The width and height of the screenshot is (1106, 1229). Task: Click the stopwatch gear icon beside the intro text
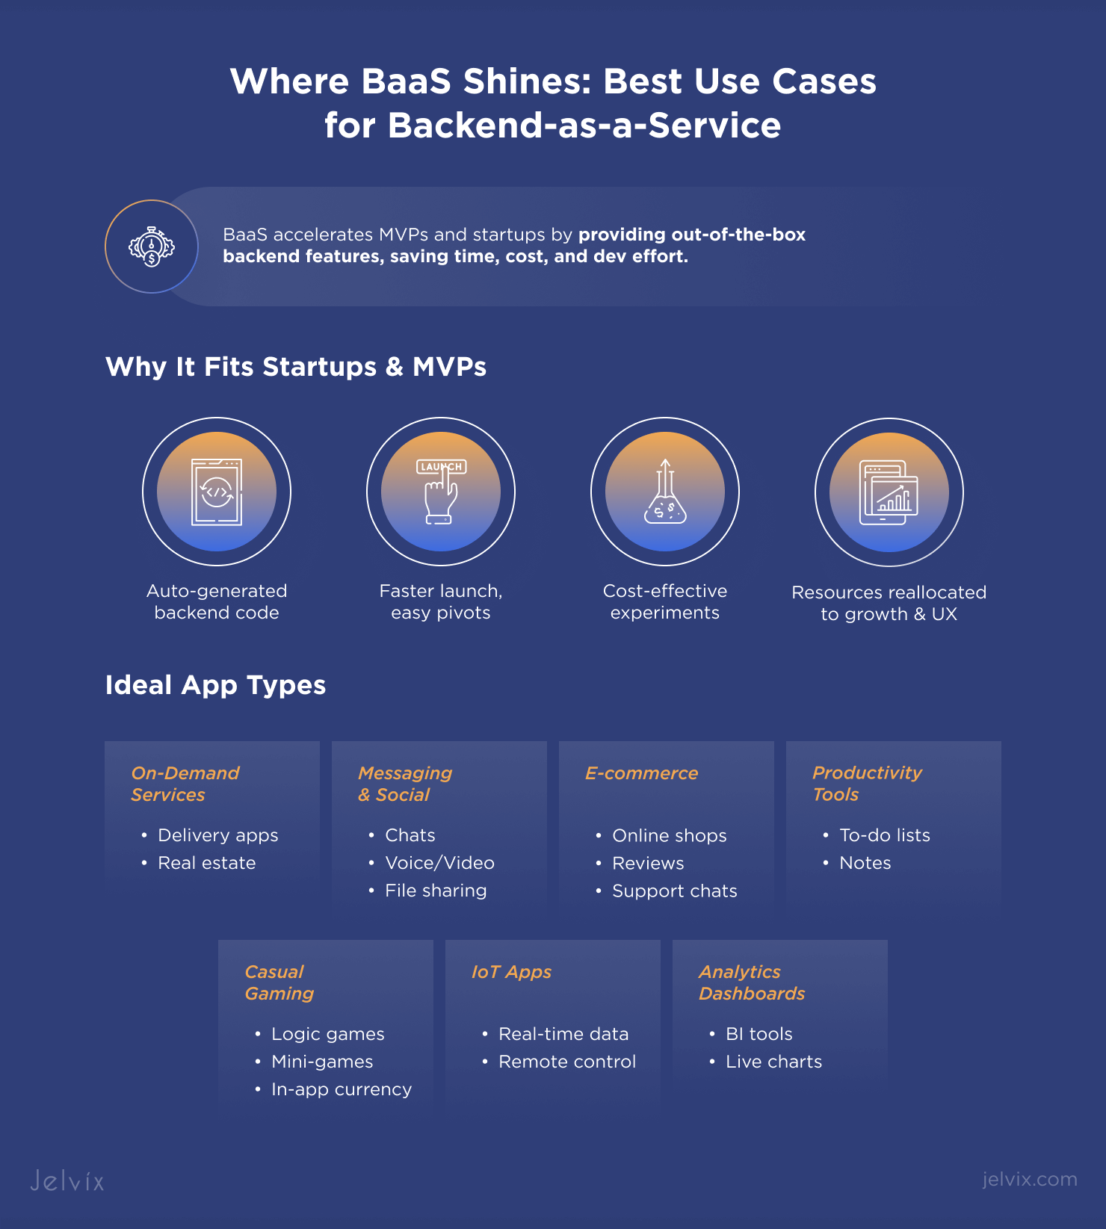pos(152,247)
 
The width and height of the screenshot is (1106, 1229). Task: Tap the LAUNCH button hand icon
pos(441,492)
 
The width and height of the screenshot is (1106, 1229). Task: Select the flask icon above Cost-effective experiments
pos(665,492)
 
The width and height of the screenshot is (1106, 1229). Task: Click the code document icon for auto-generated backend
pos(217,492)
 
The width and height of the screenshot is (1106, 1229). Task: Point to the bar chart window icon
pos(889,492)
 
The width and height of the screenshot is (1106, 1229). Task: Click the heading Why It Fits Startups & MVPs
pos(296,367)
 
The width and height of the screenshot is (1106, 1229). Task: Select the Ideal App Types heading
pos(215,685)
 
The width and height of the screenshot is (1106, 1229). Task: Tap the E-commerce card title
pos(641,773)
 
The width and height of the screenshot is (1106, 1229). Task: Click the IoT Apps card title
pos(511,972)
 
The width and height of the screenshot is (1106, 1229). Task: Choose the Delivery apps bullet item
pos(218,835)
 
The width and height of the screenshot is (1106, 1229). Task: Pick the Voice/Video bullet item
pos(439,863)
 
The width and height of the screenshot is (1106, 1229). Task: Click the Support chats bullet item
pos(675,891)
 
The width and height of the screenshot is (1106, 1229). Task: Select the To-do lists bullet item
pos(885,835)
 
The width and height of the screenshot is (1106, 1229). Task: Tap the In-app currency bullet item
pos(342,1089)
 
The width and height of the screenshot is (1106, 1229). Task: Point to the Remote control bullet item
pos(567,1062)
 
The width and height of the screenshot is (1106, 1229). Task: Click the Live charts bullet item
pos(773,1062)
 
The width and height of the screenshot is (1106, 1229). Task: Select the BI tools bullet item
pos(759,1034)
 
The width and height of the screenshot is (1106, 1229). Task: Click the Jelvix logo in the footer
pos(67,1180)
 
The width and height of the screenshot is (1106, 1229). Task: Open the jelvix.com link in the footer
pos(1029,1179)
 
